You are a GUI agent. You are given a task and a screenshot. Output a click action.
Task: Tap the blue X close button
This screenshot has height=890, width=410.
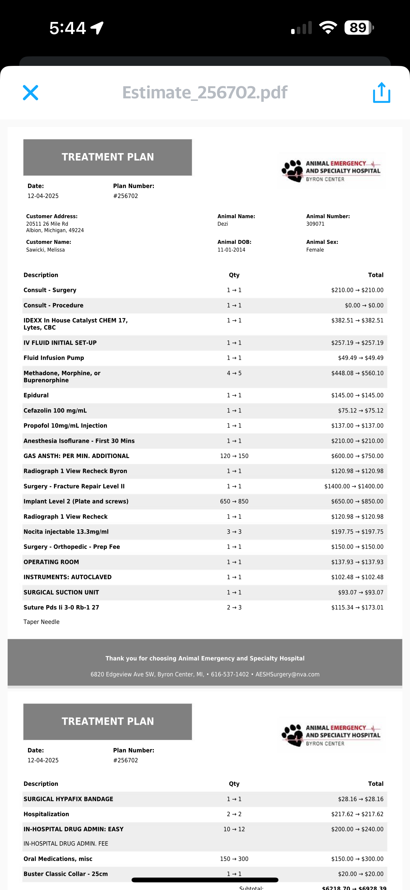click(31, 93)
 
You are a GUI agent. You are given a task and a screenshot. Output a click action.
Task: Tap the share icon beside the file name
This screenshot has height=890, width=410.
click(381, 93)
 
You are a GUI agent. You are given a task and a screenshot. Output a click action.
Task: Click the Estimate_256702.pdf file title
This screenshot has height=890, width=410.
click(205, 93)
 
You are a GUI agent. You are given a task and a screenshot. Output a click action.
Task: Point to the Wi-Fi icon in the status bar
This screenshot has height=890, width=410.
click(328, 28)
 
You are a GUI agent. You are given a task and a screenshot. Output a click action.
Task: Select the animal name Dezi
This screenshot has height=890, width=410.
click(222, 224)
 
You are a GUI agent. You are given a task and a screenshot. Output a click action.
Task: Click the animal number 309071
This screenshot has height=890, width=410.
click(315, 224)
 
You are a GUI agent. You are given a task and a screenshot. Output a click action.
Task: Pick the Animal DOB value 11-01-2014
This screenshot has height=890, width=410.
click(231, 250)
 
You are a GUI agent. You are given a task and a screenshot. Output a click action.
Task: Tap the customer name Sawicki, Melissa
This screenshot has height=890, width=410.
click(45, 250)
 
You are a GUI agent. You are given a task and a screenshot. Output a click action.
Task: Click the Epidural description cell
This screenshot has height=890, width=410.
click(36, 395)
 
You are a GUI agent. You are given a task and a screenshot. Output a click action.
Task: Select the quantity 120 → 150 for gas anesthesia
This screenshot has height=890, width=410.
click(234, 456)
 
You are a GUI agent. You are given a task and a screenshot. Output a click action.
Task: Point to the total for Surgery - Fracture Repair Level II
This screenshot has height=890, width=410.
click(353, 486)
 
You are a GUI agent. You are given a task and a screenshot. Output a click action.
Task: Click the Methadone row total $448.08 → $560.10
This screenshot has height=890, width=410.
click(357, 373)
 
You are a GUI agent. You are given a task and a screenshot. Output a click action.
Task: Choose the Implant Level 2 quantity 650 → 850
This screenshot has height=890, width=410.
click(234, 501)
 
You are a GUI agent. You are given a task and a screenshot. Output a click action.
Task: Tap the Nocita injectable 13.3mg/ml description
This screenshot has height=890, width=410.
click(66, 532)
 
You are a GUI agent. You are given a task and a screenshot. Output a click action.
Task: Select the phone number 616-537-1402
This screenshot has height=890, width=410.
click(229, 675)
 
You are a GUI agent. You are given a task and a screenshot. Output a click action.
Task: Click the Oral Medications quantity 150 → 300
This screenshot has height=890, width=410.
click(234, 859)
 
